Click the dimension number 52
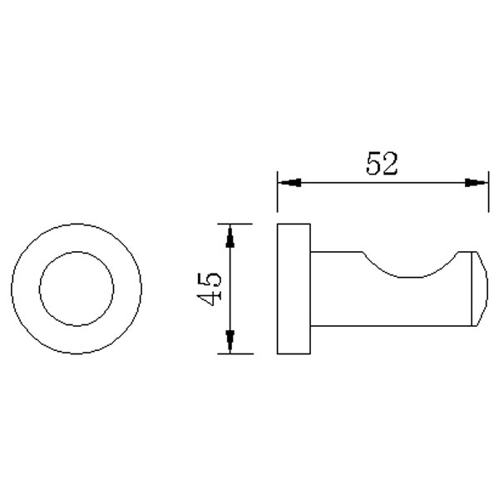tap(382, 164)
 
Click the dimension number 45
tap(209, 289)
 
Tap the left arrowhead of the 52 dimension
tap(289, 183)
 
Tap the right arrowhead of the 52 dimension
tap(477, 183)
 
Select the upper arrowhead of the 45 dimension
tap(230, 236)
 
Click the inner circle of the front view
tap(77, 252)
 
